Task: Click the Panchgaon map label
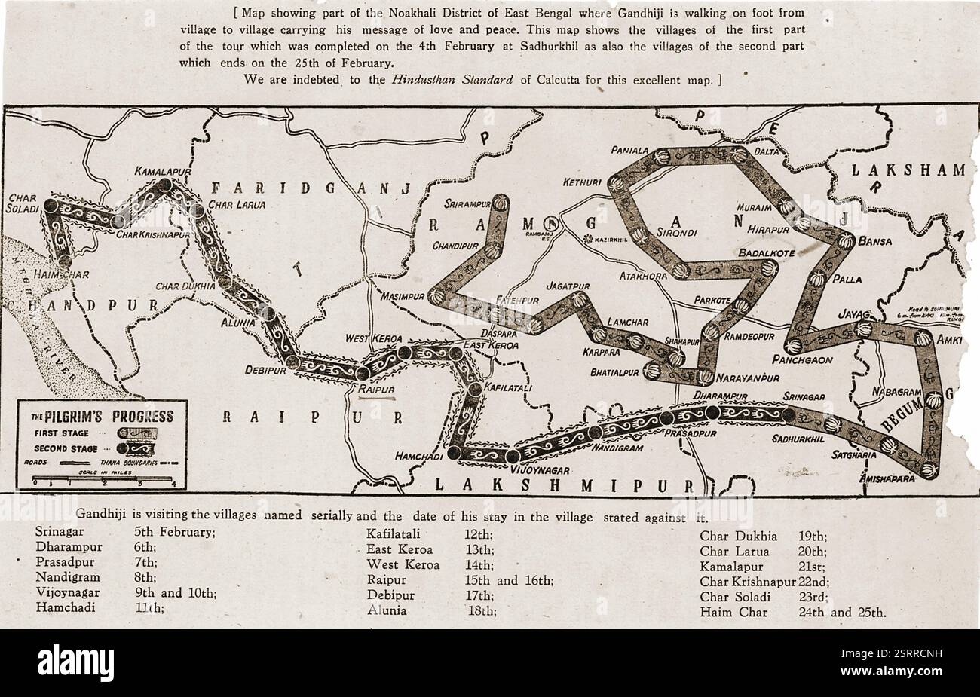pyautogui.click(x=807, y=360)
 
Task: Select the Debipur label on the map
pyautogui.click(x=265, y=370)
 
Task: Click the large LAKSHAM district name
pyautogui.click(x=908, y=170)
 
